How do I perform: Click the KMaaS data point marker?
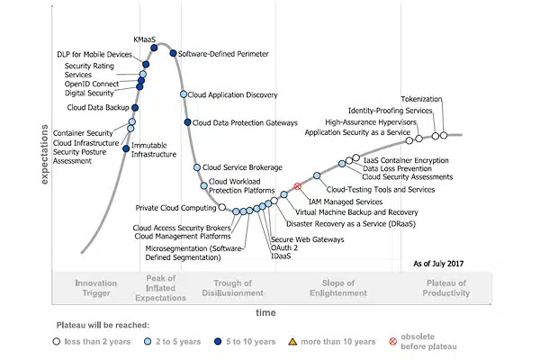(154, 48)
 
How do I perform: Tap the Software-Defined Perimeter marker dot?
(173, 53)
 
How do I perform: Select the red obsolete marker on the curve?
(298, 186)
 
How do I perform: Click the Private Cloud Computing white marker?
(222, 207)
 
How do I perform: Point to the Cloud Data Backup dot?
(135, 108)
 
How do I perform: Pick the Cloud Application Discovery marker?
(184, 94)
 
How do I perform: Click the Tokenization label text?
(421, 99)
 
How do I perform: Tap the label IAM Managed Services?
(346, 202)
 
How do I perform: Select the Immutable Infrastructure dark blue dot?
(126, 148)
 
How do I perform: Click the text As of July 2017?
(438, 264)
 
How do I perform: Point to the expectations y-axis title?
(44, 154)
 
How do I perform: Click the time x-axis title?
(265, 312)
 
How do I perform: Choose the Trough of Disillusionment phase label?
(232, 288)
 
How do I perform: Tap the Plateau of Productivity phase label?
(446, 288)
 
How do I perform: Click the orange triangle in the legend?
(292, 342)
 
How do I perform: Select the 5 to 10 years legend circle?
(218, 341)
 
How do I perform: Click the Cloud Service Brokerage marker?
(197, 167)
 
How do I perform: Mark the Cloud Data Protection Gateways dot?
(188, 122)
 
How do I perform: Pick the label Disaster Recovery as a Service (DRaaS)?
(351, 224)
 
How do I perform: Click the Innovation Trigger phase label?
(96, 288)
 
